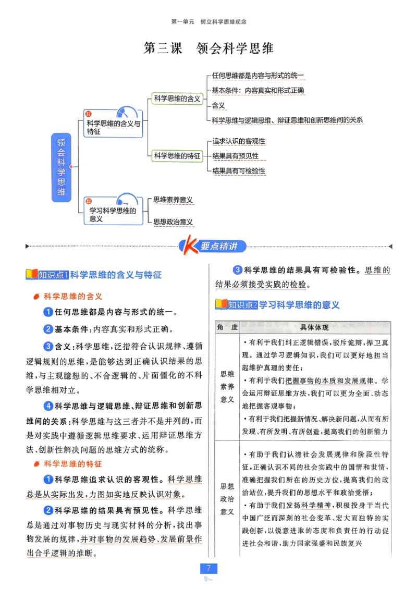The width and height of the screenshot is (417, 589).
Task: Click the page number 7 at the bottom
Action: point(208,568)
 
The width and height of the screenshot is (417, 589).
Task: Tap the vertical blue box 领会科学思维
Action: point(62,167)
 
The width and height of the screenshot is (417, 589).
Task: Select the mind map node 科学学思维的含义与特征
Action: point(113,128)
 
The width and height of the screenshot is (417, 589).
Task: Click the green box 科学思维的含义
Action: point(177,99)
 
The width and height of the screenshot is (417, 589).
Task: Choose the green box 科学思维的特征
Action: point(177,155)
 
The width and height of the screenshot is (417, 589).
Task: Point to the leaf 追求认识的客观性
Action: point(239,141)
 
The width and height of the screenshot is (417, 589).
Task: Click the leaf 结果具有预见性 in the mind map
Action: point(235,156)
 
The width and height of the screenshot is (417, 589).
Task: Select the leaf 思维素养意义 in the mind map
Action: point(173,200)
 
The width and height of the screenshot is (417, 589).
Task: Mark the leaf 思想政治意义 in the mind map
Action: point(173,222)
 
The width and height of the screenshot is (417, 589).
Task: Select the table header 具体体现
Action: point(314,327)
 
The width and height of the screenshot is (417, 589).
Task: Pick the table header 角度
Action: point(227,327)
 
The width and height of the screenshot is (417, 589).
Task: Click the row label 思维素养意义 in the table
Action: point(227,387)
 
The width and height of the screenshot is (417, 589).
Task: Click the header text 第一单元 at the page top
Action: point(182,22)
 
